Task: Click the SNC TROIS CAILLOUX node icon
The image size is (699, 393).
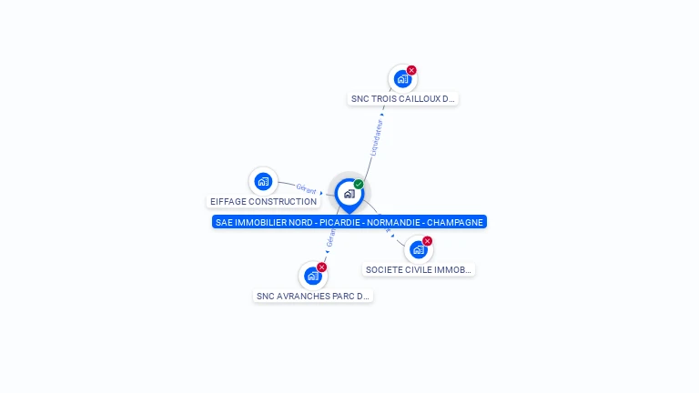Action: [402, 79]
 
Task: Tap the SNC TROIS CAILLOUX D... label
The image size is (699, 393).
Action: [402, 99]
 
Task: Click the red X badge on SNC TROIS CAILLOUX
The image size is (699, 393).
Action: [411, 70]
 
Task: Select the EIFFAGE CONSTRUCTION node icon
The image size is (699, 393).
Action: [263, 181]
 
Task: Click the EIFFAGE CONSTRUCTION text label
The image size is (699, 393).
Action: [263, 202]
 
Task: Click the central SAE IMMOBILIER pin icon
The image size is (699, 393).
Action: [349, 194]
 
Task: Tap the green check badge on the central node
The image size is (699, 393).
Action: [359, 185]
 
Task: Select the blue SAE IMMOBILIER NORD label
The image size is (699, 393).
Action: [349, 222]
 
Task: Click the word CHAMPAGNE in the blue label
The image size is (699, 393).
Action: [455, 222]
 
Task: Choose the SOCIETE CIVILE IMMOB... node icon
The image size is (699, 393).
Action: [418, 249]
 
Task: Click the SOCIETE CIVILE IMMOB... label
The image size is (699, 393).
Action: [419, 270]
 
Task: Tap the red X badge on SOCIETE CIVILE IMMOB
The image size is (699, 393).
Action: [427, 241]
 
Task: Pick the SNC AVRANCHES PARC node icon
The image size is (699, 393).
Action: [313, 276]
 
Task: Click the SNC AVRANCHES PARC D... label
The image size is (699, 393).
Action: [313, 297]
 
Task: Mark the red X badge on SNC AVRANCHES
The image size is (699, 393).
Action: [321, 267]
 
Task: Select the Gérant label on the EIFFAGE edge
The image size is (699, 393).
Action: [307, 189]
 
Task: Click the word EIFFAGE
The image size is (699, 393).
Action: [228, 202]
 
